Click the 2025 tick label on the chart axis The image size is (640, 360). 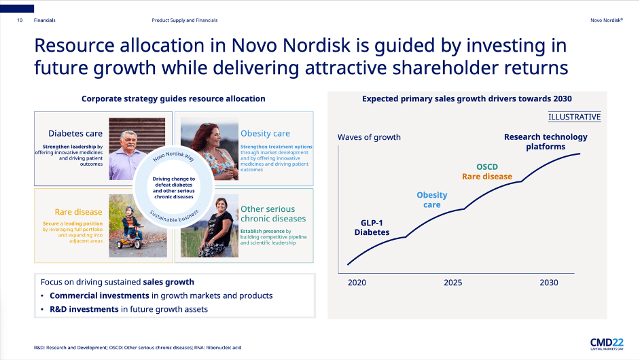tap(452, 283)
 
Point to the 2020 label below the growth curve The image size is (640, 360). tap(357, 283)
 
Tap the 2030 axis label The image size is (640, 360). tap(548, 283)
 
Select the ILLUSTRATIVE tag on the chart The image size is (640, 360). tap(574, 117)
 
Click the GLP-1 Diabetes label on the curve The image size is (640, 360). tap(372, 228)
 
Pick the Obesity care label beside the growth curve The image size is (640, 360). tap(432, 200)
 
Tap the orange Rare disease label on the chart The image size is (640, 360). tap(487, 177)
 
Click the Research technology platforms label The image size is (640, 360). tap(546, 142)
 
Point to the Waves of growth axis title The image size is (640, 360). tap(369, 137)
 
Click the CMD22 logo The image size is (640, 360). tap(607, 344)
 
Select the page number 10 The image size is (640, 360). tap(20, 20)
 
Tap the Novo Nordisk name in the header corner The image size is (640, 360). tap(607, 20)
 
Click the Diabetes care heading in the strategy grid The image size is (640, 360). tap(75, 133)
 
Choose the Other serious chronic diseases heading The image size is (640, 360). tap(273, 213)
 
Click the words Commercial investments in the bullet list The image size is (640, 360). tap(100, 295)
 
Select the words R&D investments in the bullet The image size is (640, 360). tap(84, 309)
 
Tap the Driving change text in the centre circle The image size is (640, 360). tap(174, 187)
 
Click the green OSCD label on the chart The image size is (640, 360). tap(487, 166)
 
